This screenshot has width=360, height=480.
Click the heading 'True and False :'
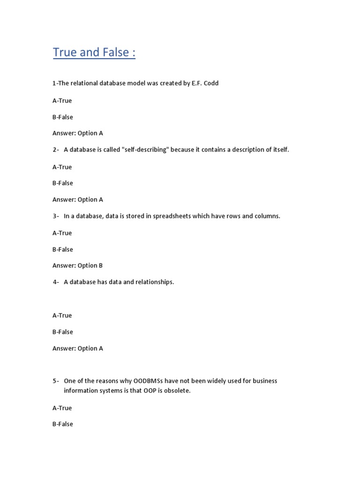[94, 52]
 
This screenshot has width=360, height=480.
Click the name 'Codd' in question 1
[210, 83]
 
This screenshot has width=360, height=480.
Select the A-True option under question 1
[62, 101]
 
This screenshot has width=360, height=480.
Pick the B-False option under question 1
[62, 117]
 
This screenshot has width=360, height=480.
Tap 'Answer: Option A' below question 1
[77, 133]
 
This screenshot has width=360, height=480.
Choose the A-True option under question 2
[62, 167]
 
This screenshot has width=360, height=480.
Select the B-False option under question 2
[62, 183]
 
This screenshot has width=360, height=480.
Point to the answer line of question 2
[77, 200]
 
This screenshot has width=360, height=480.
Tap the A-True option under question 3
[62, 233]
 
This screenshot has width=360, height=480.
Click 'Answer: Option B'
[77, 266]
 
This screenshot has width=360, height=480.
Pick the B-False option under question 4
[62, 332]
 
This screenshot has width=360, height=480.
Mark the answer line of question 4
[77, 348]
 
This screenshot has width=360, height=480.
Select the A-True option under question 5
[62, 408]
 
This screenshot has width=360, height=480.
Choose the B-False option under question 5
[62, 424]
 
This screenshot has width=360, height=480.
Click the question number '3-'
[56, 216]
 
